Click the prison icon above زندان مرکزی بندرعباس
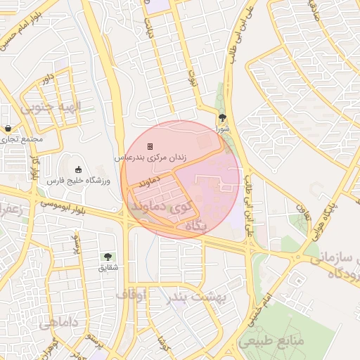tap(150, 146)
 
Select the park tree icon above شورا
tap(222, 118)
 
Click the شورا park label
tap(222, 129)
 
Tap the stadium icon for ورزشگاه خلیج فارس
tap(79, 169)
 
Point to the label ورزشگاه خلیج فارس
tap(79, 181)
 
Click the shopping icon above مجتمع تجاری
tap(8, 129)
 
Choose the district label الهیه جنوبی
tap(51, 108)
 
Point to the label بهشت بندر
tap(198, 298)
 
